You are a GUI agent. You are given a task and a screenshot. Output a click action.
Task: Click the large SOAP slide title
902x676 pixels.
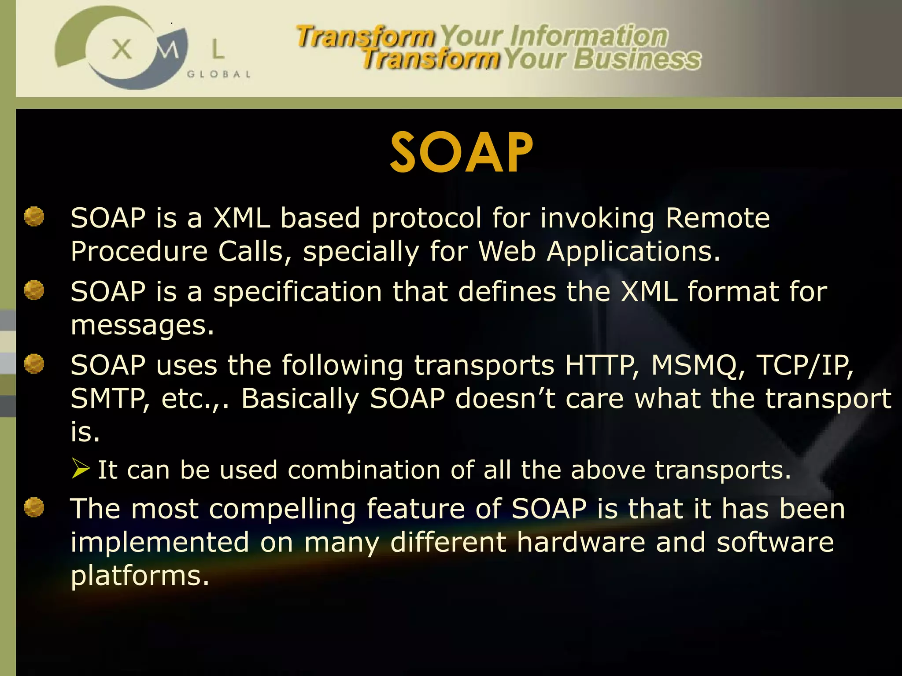click(461, 152)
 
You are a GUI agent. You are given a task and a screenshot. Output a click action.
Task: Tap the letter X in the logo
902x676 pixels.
click(122, 49)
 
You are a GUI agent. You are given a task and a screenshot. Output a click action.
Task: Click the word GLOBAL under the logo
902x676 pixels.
click(218, 74)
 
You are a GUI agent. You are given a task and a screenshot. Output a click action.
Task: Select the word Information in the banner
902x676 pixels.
click(589, 36)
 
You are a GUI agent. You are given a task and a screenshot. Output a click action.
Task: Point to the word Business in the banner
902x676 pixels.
click(637, 59)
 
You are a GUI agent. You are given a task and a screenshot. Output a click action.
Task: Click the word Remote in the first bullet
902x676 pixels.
click(717, 218)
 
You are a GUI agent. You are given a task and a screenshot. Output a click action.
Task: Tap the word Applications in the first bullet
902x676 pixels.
click(633, 252)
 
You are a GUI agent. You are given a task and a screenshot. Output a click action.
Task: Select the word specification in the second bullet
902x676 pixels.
click(298, 292)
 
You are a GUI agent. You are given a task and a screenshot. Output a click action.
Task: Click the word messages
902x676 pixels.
click(142, 326)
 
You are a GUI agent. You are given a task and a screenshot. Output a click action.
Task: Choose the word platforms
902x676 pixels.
click(140, 576)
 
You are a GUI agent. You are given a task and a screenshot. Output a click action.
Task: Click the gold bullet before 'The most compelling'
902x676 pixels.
click(34, 507)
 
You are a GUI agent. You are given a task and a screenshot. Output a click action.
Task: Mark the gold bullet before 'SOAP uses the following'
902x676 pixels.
click(34, 364)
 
